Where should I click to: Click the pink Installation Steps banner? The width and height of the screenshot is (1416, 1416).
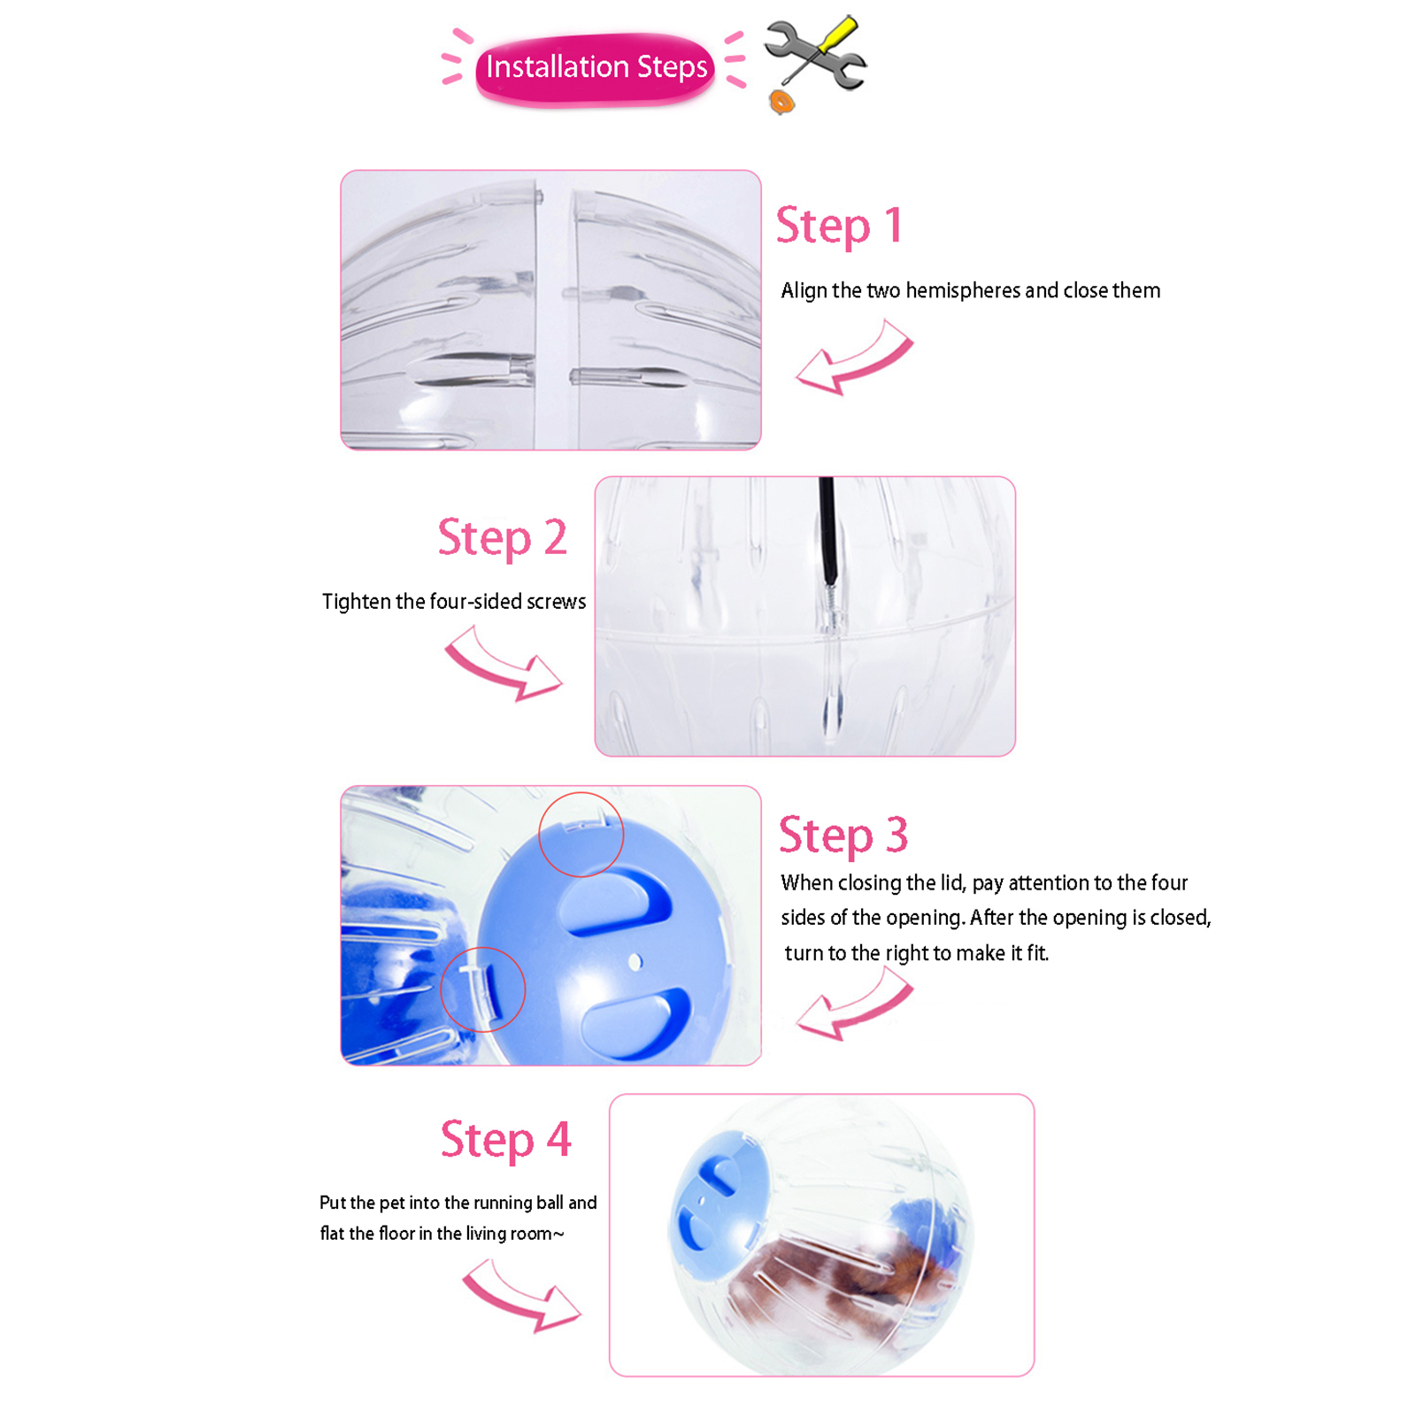tap(595, 69)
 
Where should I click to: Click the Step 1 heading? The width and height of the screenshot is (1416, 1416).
tap(839, 226)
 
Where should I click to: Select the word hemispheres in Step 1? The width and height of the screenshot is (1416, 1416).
tap(963, 291)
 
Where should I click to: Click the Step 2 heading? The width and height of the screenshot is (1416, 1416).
tap(502, 538)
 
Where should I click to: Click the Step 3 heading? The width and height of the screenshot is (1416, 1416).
tap(843, 835)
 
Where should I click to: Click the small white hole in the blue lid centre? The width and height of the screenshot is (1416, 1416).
tap(635, 962)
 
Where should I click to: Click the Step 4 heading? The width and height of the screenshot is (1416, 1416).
tap(505, 1140)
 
